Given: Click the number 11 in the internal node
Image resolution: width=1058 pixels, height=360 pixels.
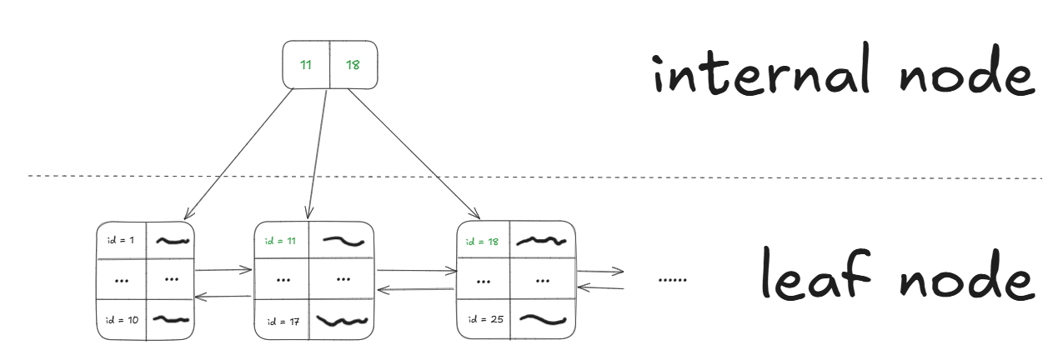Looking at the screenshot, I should point(306,64).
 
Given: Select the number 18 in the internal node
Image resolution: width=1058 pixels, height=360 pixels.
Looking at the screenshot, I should point(353,64).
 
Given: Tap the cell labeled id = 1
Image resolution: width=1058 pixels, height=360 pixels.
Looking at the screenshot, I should point(122,240).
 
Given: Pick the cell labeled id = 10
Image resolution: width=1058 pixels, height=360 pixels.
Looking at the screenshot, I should point(122,319).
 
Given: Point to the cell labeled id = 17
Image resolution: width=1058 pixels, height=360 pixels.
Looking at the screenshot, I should point(280,320).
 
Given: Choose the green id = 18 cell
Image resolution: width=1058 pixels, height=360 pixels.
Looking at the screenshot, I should point(483,241).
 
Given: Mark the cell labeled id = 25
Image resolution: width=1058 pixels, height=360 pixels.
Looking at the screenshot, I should point(484,319).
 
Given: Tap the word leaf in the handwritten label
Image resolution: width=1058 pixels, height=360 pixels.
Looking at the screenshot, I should point(805,278).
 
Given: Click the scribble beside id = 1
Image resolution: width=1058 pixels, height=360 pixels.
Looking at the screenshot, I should point(172,241).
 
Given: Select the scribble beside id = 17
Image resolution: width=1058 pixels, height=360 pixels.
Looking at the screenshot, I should point(343,320).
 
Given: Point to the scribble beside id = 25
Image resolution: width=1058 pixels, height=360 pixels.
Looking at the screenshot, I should point(542,319).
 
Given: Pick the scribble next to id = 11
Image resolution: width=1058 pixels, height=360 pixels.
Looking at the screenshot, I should point(343,241).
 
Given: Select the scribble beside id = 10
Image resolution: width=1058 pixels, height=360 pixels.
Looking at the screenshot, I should point(172,319).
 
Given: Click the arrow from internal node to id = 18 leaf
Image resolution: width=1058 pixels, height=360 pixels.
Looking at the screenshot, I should point(417,153).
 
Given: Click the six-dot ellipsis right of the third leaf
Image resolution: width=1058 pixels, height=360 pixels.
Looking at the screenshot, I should point(672,280).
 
